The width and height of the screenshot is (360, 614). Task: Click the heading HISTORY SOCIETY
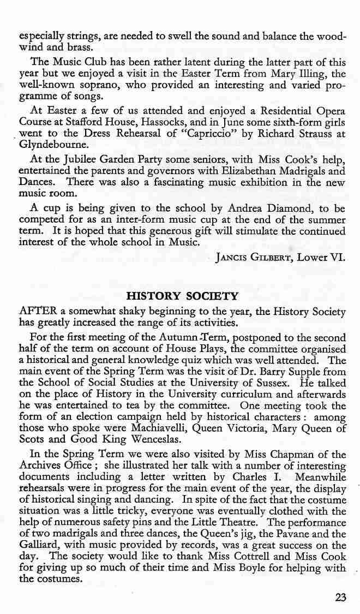tap(182, 297)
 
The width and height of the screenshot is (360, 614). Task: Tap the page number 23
tap(340, 597)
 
